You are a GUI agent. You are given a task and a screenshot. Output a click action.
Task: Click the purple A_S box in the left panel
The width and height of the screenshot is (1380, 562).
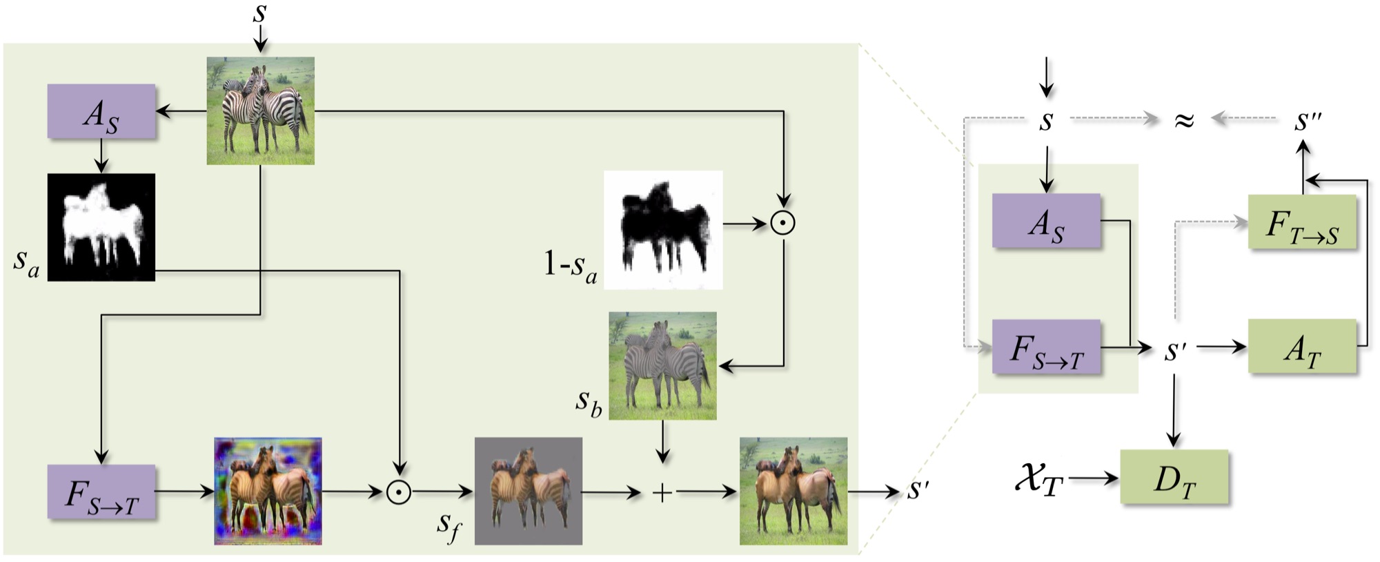pos(101,111)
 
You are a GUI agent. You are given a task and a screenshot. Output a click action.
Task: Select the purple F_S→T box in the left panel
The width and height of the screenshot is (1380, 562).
pos(101,492)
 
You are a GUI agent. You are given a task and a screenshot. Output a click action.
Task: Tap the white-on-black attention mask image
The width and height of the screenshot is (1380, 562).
pos(101,227)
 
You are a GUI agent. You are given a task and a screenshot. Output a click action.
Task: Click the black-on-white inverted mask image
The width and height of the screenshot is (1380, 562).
pos(663,230)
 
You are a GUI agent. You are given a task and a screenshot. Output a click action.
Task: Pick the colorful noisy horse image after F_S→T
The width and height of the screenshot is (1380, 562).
pos(268,491)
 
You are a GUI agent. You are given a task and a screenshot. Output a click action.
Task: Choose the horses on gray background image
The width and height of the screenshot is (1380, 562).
pos(529,491)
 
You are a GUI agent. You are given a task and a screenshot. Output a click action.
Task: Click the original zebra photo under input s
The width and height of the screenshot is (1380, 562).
pos(261,110)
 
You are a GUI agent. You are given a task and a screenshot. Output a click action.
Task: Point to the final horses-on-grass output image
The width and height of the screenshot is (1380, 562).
pos(793,491)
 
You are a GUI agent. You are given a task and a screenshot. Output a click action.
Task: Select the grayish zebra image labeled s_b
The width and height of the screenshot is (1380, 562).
pos(662,366)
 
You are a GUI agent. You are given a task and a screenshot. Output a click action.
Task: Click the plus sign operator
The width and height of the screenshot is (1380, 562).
pos(662,492)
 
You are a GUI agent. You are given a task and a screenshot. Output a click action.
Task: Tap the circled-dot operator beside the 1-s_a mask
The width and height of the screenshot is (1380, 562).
pos(783,223)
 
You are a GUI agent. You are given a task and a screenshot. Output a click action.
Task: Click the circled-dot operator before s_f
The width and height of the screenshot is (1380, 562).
pos(399,492)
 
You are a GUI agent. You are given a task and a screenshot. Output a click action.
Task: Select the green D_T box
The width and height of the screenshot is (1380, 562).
pos(1174,477)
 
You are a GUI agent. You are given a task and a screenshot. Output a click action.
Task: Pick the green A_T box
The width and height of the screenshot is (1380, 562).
pos(1302,347)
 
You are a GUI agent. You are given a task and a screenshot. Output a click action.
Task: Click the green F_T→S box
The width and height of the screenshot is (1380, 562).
pos(1302,222)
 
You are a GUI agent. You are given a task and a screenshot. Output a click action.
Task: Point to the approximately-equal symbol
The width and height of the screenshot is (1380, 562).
pos(1184,120)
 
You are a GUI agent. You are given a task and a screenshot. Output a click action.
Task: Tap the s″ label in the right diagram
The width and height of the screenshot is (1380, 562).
pos(1308,120)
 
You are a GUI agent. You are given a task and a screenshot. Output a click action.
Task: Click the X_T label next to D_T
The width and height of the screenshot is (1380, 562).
pos(1039,478)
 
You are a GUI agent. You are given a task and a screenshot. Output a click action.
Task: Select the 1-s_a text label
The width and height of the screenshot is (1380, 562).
pos(570,266)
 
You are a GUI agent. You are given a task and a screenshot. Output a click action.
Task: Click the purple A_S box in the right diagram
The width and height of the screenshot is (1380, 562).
pos(1046,220)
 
